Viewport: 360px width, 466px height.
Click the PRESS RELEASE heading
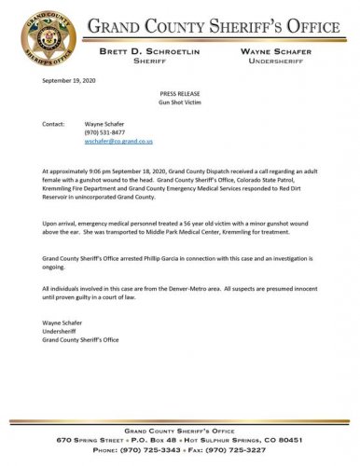coord(180,95)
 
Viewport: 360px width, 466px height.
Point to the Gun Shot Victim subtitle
coord(180,103)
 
